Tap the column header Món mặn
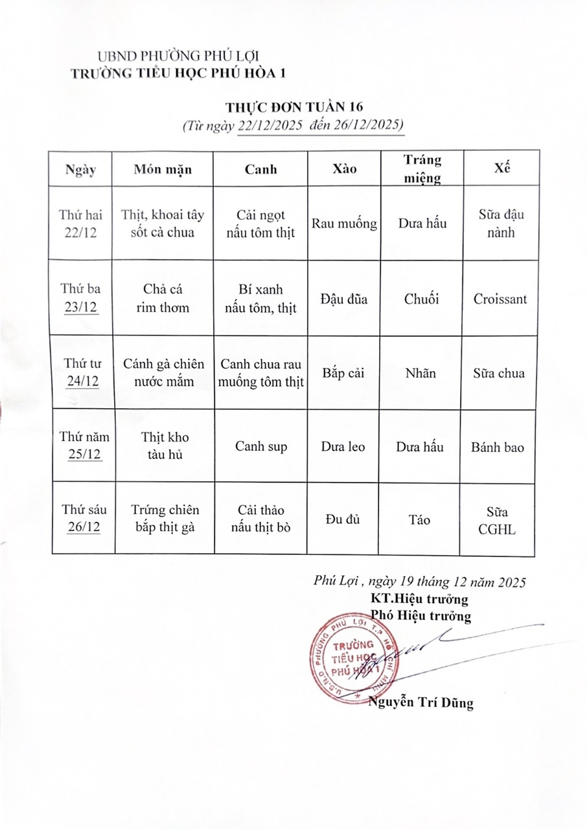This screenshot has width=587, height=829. [x=163, y=169]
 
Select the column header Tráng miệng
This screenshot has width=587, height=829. [x=422, y=168]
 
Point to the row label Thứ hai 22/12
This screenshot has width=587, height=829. [x=81, y=223]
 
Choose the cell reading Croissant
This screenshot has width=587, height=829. [x=500, y=299]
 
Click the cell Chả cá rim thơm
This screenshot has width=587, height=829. [x=163, y=299]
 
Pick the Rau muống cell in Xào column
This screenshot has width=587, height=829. [x=344, y=223]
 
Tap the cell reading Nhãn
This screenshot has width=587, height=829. [x=420, y=373]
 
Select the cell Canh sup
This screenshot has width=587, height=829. [x=261, y=447]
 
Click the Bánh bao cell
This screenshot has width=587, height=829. [x=498, y=447]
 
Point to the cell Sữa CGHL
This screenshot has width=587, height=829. [x=498, y=520]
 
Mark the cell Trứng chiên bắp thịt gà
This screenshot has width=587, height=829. [x=165, y=519]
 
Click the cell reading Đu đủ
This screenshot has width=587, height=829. [x=343, y=519]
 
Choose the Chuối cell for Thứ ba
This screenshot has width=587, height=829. [x=421, y=299]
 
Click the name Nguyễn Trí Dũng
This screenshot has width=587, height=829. [x=420, y=702]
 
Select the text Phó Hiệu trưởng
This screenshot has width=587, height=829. [x=421, y=615]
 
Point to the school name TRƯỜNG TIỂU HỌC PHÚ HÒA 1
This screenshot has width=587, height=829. [x=178, y=73]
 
